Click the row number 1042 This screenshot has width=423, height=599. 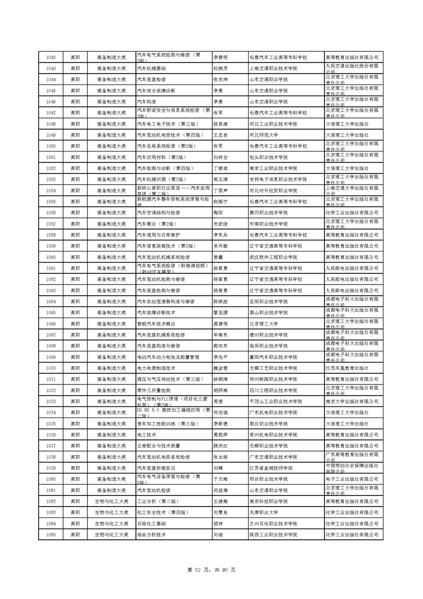[x=51, y=57]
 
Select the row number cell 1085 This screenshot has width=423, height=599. [x=51, y=534]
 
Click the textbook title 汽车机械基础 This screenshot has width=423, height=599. [x=152, y=68]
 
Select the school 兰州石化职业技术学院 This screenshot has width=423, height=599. [x=274, y=523]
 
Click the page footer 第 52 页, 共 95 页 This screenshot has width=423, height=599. [x=212, y=569]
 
